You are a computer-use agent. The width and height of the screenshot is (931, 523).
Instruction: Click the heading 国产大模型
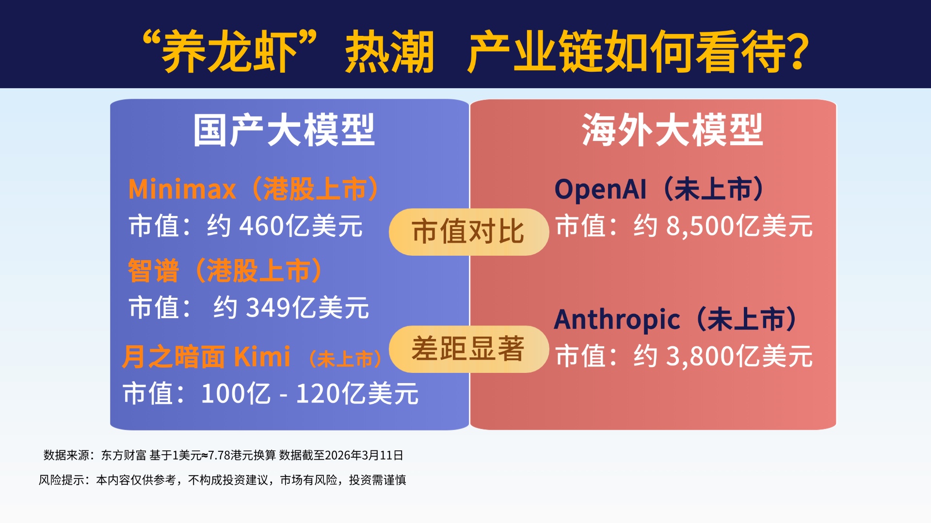[x=284, y=130]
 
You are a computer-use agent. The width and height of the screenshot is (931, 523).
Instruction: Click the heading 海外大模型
[x=673, y=130]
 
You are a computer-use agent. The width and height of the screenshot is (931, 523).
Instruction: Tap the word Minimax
[x=182, y=189]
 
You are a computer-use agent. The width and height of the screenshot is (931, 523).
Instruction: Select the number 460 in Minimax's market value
[x=262, y=226]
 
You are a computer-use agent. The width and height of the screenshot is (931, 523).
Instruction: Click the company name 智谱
[x=153, y=270]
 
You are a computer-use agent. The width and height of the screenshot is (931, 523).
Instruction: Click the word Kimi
[x=262, y=357]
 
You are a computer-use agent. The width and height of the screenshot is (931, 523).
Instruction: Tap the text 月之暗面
[x=174, y=357]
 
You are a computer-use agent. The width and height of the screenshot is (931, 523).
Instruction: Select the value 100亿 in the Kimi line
[x=236, y=393]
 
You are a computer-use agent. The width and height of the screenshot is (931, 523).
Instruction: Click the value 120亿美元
[x=357, y=393]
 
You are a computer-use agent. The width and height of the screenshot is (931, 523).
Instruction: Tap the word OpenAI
[x=600, y=189]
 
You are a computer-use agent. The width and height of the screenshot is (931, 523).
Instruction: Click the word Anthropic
[x=617, y=320]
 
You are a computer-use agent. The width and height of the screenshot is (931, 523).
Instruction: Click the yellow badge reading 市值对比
[x=468, y=231]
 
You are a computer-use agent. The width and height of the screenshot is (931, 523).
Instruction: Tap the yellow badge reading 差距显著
[x=468, y=349]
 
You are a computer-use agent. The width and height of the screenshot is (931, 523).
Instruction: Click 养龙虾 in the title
[x=229, y=52]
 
